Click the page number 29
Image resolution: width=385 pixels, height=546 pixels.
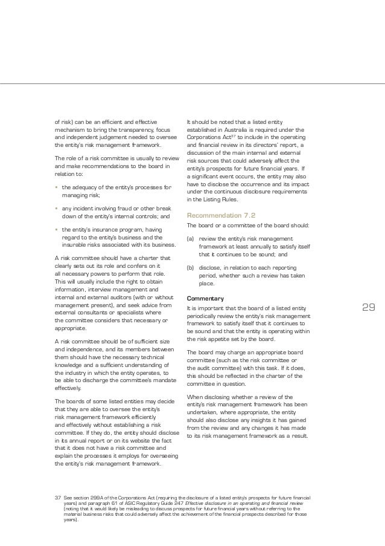[368, 308]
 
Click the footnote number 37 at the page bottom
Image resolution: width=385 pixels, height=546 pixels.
[58, 495]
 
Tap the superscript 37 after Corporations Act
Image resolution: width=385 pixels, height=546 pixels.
[227, 136]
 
